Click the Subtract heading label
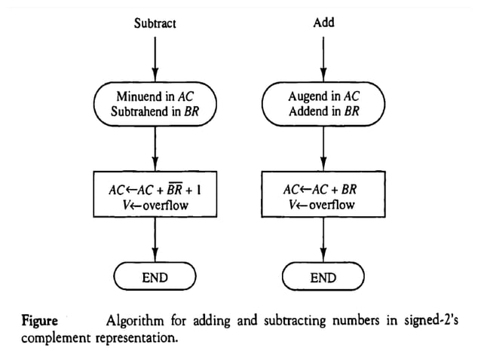155,23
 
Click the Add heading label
323,23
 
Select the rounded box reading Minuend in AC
155,105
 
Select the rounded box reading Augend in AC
323,105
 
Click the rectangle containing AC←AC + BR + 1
155,195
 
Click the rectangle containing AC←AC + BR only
323,195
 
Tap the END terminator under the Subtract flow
155,278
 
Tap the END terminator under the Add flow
323,278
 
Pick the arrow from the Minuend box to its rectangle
155,148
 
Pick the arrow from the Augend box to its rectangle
323,148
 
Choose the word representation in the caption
135,338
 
